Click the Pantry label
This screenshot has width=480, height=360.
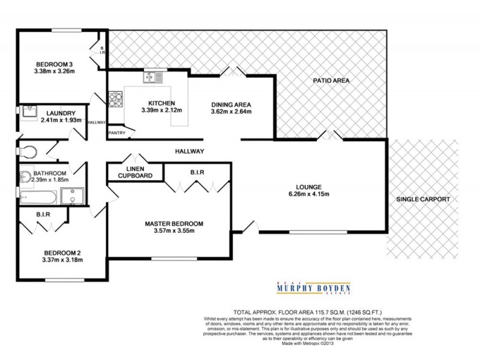point(116,133)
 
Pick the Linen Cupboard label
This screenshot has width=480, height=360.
point(135,172)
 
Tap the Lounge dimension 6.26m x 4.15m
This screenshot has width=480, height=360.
point(310,194)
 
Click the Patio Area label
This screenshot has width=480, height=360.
point(331,80)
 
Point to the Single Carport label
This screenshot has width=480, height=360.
point(422,199)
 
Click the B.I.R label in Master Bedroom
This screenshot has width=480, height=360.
point(197,173)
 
